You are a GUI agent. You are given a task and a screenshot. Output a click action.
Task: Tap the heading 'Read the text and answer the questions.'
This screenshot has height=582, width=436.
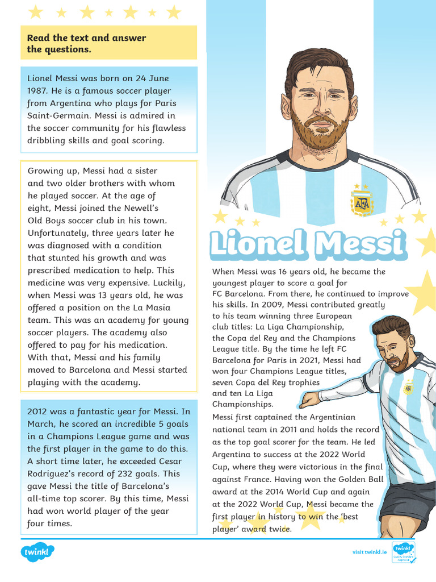point(87,43)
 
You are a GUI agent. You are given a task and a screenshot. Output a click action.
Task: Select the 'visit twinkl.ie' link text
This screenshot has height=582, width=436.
point(369,552)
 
